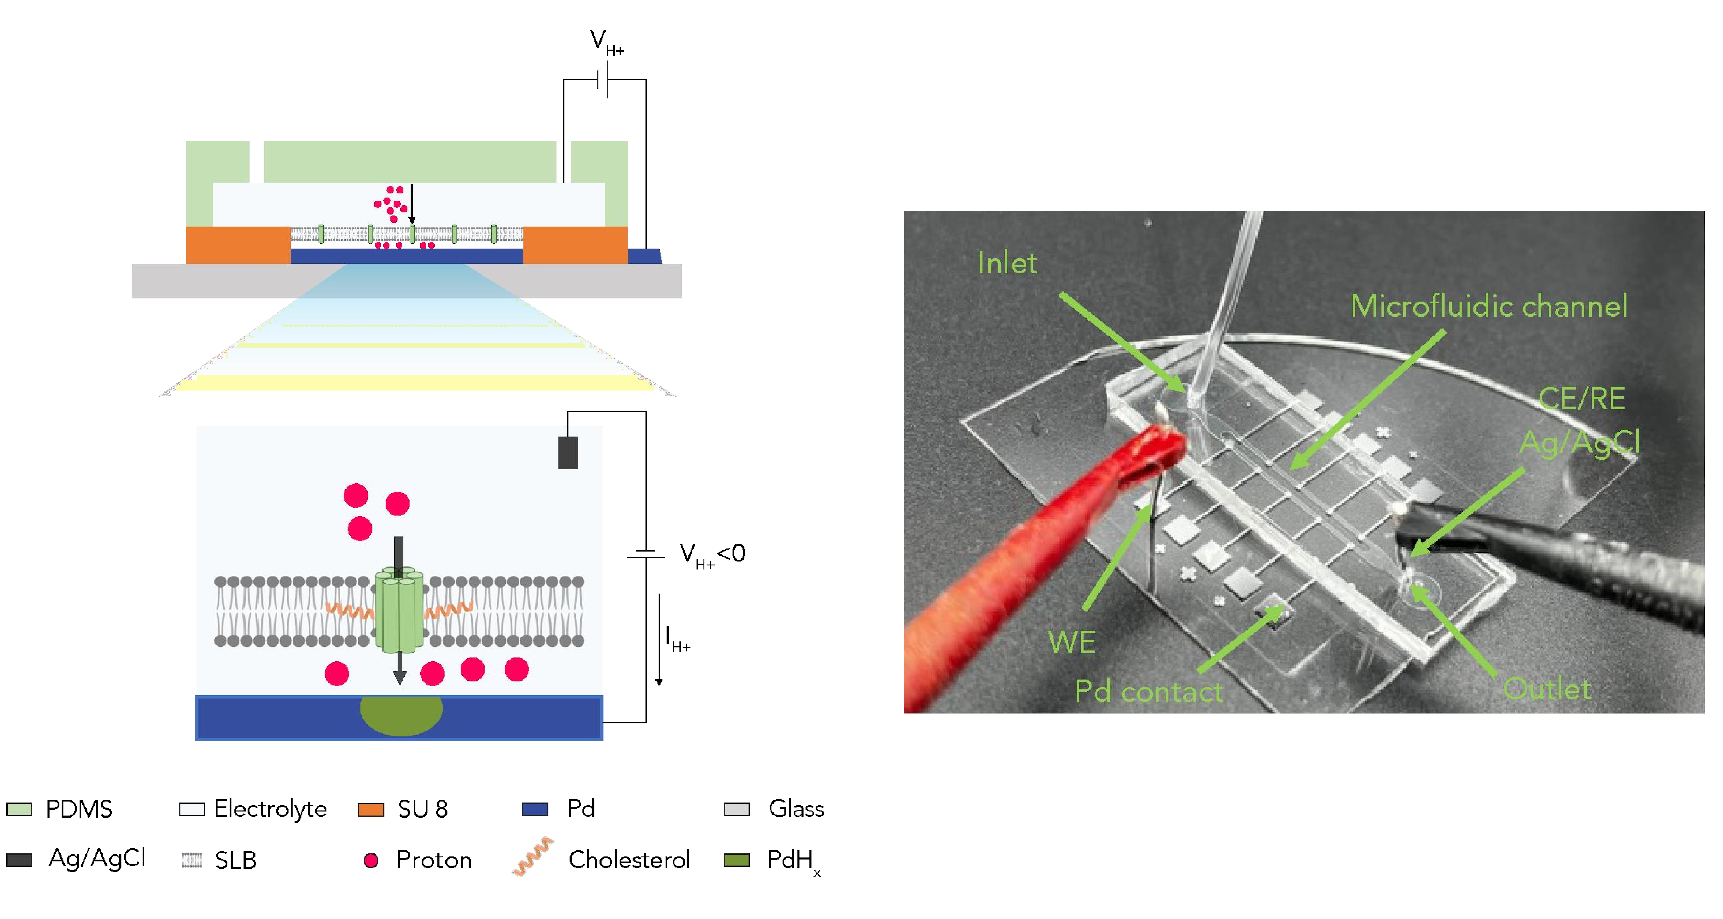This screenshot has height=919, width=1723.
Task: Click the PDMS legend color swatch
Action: (19, 809)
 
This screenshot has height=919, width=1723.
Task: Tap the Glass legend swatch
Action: (736, 809)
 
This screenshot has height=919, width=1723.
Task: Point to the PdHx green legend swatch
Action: (736, 859)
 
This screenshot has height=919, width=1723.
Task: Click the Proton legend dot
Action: (371, 860)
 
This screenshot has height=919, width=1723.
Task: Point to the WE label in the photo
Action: (1071, 642)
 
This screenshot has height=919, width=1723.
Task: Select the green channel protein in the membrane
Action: (399, 610)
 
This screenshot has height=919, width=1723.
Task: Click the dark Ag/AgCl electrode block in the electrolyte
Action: (568, 453)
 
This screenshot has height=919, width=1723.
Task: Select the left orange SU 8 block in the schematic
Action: (238, 245)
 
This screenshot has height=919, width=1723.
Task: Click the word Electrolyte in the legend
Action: (270, 809)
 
